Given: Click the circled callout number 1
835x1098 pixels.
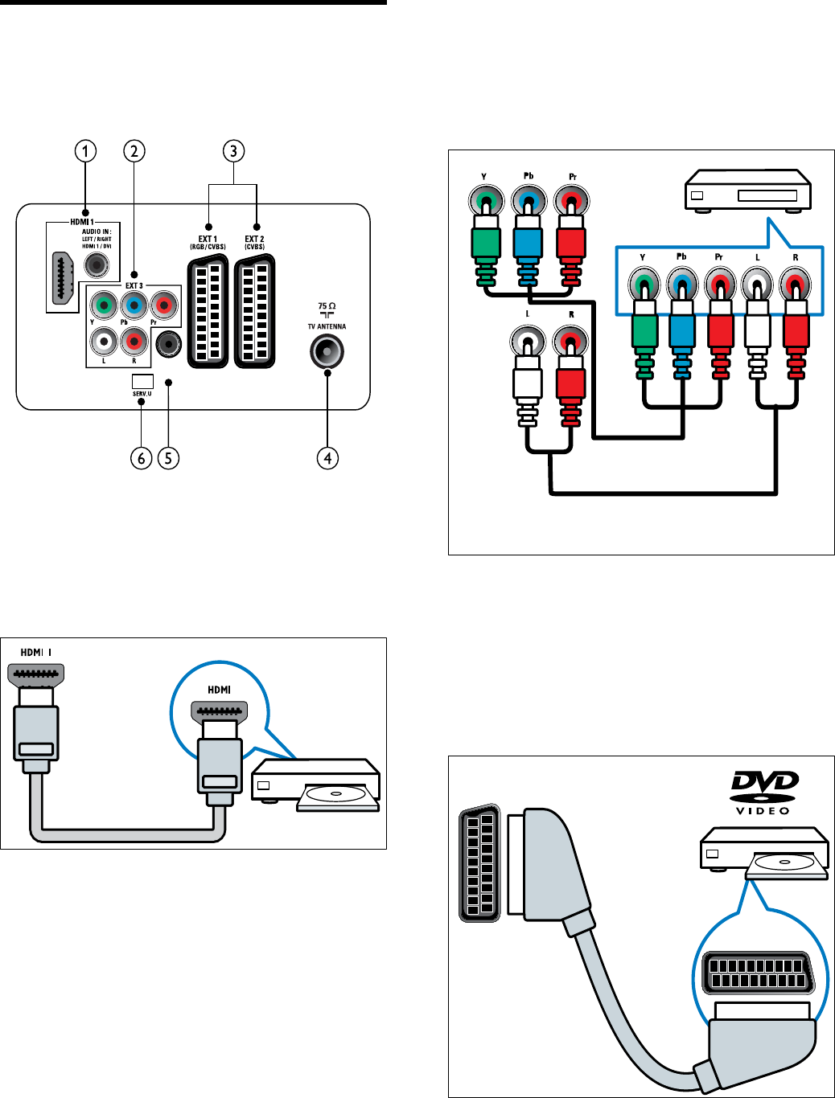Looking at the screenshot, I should coord(85,151).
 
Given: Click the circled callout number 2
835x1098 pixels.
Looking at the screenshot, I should coord(134,151).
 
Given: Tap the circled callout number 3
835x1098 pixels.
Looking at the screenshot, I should coord(233,151).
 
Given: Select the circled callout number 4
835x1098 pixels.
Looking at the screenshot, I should coord(327,458).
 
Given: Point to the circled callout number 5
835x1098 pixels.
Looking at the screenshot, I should coord(167,458).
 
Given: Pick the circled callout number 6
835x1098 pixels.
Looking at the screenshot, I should coord(142,458).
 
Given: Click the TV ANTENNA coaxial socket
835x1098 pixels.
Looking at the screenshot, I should coord(327,351).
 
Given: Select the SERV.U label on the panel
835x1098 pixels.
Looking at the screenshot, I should coord(142,394).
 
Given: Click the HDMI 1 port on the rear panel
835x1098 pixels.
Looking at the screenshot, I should coord(62,278).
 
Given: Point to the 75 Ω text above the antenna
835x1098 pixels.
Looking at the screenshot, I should coord(327,306).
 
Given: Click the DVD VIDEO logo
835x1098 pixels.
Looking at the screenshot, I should coord(763,792).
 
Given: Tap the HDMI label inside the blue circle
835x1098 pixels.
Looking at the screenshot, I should coord(219,690).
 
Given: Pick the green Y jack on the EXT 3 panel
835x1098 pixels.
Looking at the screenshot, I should coord(103,305).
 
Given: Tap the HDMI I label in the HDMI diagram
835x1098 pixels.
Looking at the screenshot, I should coord(35,652).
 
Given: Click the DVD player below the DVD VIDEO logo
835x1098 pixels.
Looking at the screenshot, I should coord(763,854).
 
